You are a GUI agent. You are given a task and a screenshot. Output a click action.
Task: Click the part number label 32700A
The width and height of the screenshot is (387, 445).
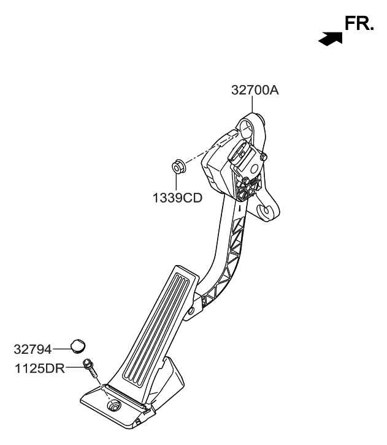(x=255, y=90)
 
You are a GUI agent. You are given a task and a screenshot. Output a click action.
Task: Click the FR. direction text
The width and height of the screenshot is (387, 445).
(x=359, y=24)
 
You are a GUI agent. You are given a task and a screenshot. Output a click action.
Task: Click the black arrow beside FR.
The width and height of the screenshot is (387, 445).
(x=329, y=39)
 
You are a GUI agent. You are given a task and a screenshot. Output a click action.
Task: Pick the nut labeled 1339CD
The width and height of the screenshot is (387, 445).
(x=178, y=165)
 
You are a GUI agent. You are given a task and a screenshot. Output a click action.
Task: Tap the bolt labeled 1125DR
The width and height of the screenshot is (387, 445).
(x=90, y=368)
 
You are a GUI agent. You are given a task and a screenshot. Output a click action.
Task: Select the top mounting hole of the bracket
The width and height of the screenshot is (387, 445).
(x=246, y=130)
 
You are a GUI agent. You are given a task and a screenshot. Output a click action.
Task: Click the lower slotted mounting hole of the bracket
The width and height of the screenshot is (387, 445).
(x=267, y=211)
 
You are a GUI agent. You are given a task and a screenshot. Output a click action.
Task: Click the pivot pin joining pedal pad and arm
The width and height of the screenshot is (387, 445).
(x=191, y=311)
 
